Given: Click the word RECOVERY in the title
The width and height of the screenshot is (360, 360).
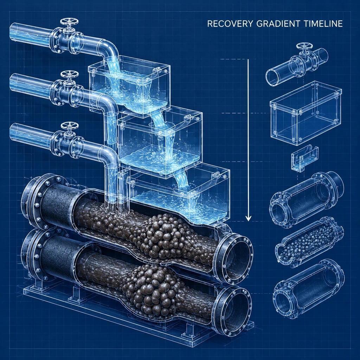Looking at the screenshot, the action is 230,24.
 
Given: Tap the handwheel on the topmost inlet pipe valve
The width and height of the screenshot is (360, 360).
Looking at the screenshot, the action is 69,22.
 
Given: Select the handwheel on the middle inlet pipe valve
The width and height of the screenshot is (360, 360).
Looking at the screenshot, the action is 69,74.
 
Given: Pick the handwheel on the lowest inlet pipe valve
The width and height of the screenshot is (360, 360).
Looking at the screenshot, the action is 69,126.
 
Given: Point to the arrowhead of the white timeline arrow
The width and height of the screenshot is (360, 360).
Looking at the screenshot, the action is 248,218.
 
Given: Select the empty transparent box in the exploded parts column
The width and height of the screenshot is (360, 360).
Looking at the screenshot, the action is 306,113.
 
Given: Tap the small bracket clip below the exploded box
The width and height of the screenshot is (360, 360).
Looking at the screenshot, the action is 304,159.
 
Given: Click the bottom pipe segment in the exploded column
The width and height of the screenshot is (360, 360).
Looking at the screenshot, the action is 309,289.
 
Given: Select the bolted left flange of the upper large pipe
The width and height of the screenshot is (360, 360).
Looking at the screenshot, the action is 34,202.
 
